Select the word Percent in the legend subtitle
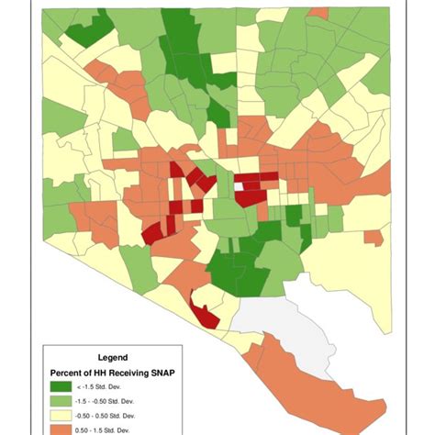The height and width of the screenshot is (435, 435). (x=68, y=374)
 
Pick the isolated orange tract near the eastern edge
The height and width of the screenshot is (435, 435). (x=374, y=238)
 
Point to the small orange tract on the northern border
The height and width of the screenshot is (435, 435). (x=318, y=13)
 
